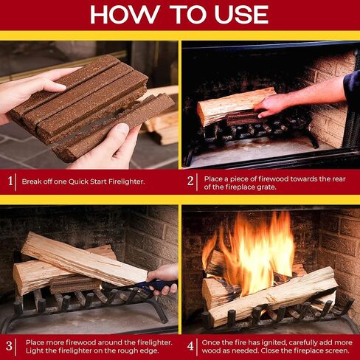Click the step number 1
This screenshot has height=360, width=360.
pyautogui.click(x=10, y=180)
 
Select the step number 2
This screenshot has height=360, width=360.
pyautogui.click(x=190, y=180)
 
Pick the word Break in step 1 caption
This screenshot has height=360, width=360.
pyautogui.click(x=32, y=180)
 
